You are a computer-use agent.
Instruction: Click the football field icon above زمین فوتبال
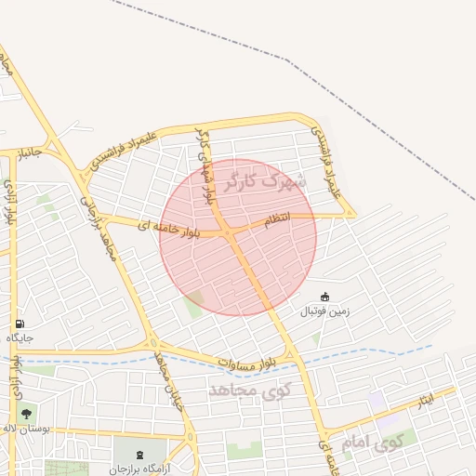point(324,297)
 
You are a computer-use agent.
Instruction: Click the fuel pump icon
point(19,324)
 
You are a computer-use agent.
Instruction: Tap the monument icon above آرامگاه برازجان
point(140,455)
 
